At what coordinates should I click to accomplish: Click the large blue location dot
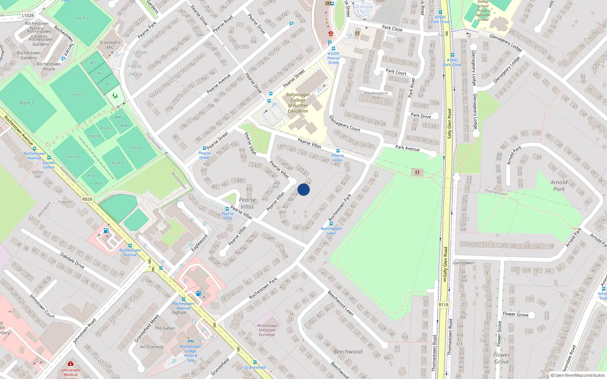coord(303,189)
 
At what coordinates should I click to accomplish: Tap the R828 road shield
coord(87,199)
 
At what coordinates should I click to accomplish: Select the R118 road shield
coord(443,305)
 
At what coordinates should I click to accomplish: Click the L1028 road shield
coord(28,16)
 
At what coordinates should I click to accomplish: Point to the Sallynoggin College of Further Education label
coord(298,103)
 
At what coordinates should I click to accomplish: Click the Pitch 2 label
coord(27,103)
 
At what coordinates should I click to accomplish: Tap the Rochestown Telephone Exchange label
coord(267,330)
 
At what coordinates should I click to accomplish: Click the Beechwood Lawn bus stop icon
coord(331,224)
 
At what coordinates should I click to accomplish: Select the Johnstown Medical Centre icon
coord(70,364)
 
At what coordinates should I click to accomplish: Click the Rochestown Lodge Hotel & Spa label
coord(191,353)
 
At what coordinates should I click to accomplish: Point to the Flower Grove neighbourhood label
coord(502,358)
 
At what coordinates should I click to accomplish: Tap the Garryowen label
coord(464,263)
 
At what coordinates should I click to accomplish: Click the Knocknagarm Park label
coord(376,95)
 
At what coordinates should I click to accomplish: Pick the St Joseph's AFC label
coord(110,45)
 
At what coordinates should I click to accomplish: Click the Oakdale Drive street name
coord(72,261)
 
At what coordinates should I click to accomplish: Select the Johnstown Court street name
coord(42,306)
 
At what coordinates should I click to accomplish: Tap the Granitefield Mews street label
coord(147,328)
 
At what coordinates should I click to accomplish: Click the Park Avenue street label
coord(407,148)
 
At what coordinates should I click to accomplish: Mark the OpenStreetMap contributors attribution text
coord(578,376)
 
